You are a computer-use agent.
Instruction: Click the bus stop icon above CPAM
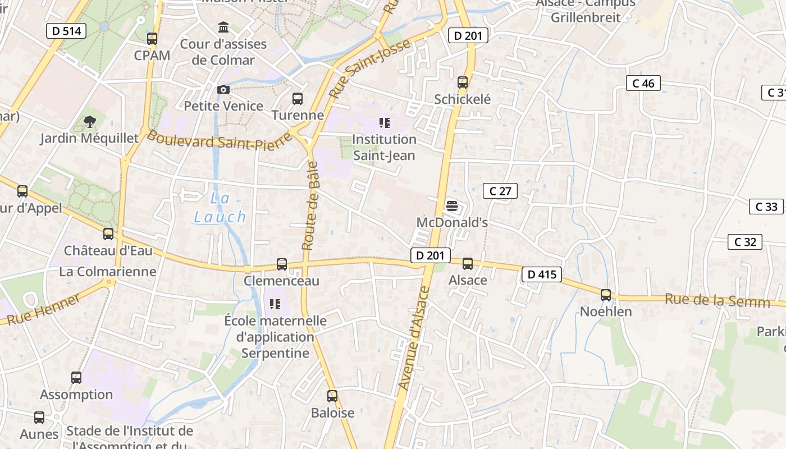pyautogui.click(x=152, y=39)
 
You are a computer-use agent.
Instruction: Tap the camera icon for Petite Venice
pyautogui.click(x=223, y=90)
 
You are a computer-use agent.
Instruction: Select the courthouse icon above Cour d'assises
pyautogui.click(x=223, y=27)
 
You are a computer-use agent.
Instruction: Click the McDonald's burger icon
pyautogui.click(x=451, y=206)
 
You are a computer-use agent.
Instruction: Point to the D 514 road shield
pyautogui.click(x=66, y=31)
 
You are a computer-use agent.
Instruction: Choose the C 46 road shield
pyautogui.click(x=643, y=83)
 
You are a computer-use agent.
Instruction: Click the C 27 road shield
pyautogui.click(x=500, y=191)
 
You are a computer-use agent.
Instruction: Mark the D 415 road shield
pyautogui.click(x=541, y=274)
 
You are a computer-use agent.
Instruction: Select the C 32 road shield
pyautogui.click(x=745, y=242)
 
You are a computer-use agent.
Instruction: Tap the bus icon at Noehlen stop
pyautogui.click(x=605, y=295)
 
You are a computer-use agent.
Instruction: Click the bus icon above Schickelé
pyautogui.click(x=463, y=83)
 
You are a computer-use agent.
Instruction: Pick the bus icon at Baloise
pyautogui.click(x=332, y=396)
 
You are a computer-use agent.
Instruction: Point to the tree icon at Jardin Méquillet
pyautogui.click(x=89, y=122)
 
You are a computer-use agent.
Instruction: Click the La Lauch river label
pyautogui.click(x=220, y=208)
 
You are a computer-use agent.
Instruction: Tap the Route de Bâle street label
pyautogui.click(x=310, y=205)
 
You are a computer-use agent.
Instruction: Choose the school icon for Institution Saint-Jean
pyautogui.click(x=384, y=122)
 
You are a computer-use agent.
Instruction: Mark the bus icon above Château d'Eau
pyautogui.click(x=108, y=234)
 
